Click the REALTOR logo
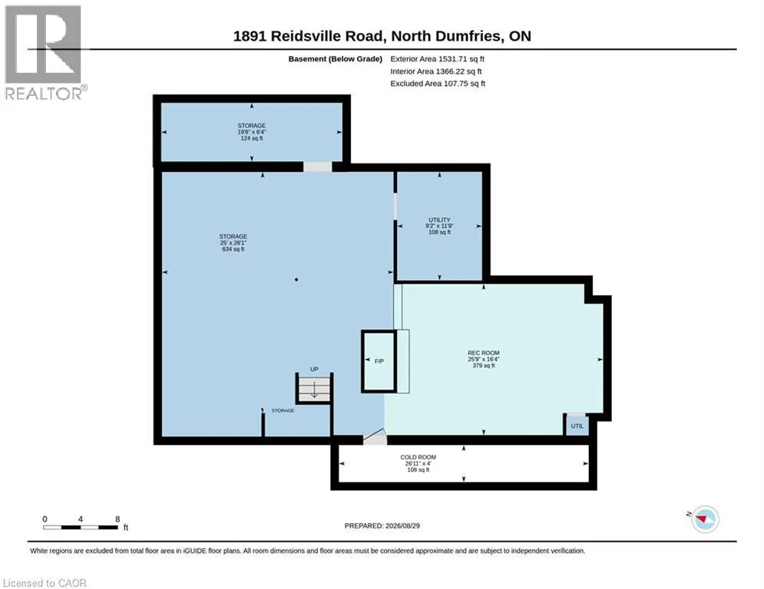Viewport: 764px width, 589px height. (x=44, y=53)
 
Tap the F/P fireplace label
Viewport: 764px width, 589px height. (x=379, y=361)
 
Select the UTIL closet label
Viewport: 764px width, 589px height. (x=577, y=426)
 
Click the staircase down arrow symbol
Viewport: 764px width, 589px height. (x=314, y=390)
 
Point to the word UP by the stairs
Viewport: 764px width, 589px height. (x=314, y=370)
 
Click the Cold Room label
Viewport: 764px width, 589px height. (x=418, y=463)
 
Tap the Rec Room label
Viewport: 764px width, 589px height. (x=483, y=359)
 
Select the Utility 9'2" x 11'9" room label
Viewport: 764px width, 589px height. (x=439, y=226)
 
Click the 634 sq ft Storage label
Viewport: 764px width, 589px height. (x=233, y=242)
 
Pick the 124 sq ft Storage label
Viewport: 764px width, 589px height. (x=251, y=132)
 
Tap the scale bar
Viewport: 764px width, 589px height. (x=81, y=527)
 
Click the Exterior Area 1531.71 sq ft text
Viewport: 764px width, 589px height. (x=437, y=59)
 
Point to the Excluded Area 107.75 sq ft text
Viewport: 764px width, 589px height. (x=438, y=84)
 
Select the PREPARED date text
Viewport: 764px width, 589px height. (x=382, y=525)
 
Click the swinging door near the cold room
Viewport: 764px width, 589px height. (x=375, y=436)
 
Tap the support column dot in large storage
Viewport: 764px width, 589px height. (x=296, y=279)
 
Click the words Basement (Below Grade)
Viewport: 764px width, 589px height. (x=336, y=59)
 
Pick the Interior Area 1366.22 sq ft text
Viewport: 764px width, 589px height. (x=436, y=71)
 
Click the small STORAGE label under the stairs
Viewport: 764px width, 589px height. (x=283, y=411)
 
